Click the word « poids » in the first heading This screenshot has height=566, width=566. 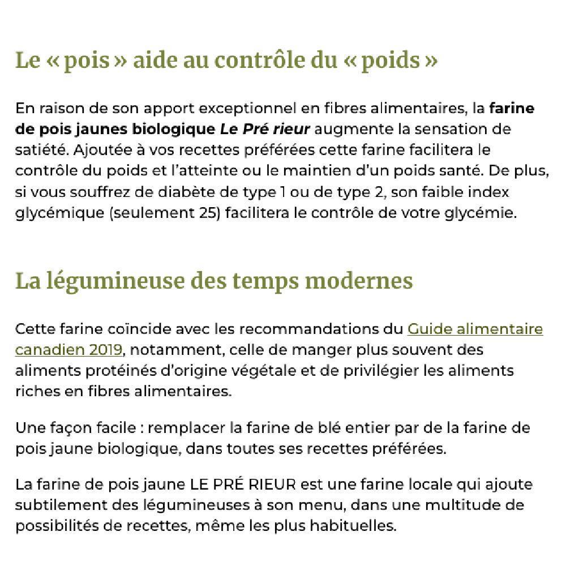coord(391,60)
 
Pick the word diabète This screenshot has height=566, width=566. coord(166,192)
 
